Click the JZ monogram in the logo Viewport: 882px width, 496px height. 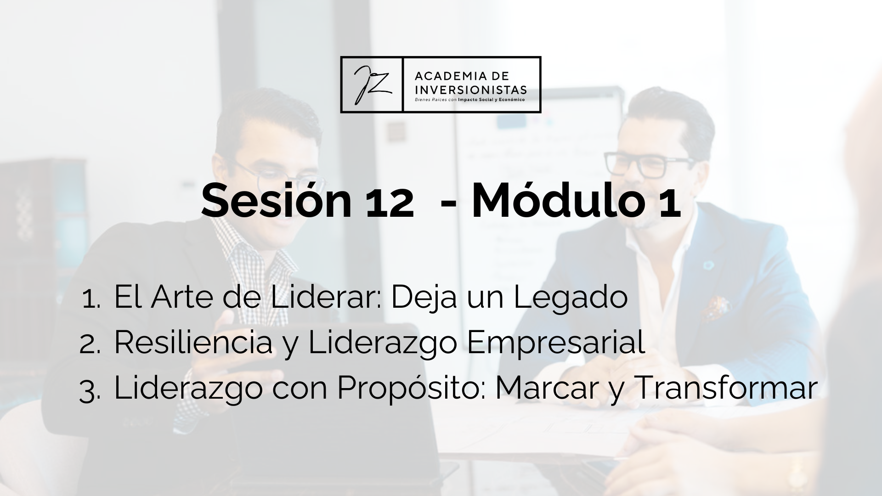click(x=372, y=85)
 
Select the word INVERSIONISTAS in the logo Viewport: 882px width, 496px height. click(x=470, y=89)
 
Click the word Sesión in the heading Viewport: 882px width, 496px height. click(x=276, y=201)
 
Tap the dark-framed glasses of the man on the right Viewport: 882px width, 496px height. click(x=648, y=164)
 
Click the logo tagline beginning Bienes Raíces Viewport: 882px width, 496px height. click(x=469, y=99)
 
